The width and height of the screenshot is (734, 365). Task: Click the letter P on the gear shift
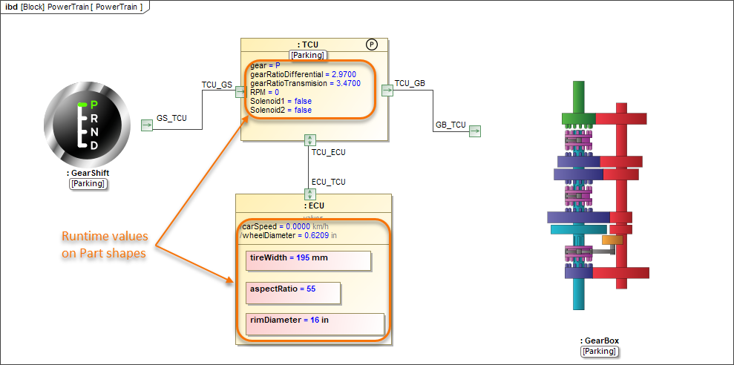[94, 105]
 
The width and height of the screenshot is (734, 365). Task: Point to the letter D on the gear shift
[94, 145]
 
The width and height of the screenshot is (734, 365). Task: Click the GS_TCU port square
[146, 125]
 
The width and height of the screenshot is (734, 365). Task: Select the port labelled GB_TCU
[474, 131]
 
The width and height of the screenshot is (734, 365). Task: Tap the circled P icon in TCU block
[373, 45]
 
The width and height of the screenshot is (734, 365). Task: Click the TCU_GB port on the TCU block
[387, 90]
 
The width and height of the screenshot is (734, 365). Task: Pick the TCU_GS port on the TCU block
[240, 91]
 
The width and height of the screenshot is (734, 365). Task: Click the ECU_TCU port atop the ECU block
[310, 194]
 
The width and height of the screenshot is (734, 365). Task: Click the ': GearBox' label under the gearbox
[599, 341]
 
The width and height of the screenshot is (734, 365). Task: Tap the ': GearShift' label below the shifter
[88, 174]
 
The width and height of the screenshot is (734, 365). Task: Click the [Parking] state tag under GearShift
[88, 184]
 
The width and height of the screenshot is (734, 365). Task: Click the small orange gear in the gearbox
[612, 240]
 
